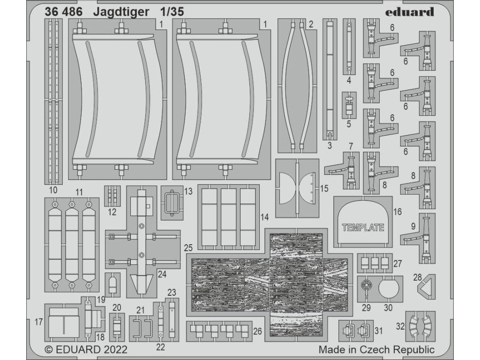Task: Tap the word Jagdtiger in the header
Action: click(x=121, y=12)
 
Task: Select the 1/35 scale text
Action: click(x=172, y=12)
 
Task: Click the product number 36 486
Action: click(x=63, y=12)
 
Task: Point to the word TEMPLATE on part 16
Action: click(x=363, y=227)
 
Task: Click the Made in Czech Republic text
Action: click(x=376, y=349)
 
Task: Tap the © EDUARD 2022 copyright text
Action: click(x=86, y=350)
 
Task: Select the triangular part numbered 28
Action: click(x=427, y=286)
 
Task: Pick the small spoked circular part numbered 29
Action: click(x=367, y=286)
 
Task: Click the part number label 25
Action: click(x=188, y=247)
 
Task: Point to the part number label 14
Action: click(x=264, y=217)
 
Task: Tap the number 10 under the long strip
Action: click(x=53, y=190)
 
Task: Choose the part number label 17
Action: click(x=38, y=322)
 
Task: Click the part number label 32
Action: click(x=400, y=326)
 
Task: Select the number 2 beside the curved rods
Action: click(x=311, y=24)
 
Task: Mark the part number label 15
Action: click(x=324, y=188)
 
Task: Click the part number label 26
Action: click(x=258, y=331)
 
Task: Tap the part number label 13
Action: click(x=188, y=191)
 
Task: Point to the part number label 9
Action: click(x=413, y=226)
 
